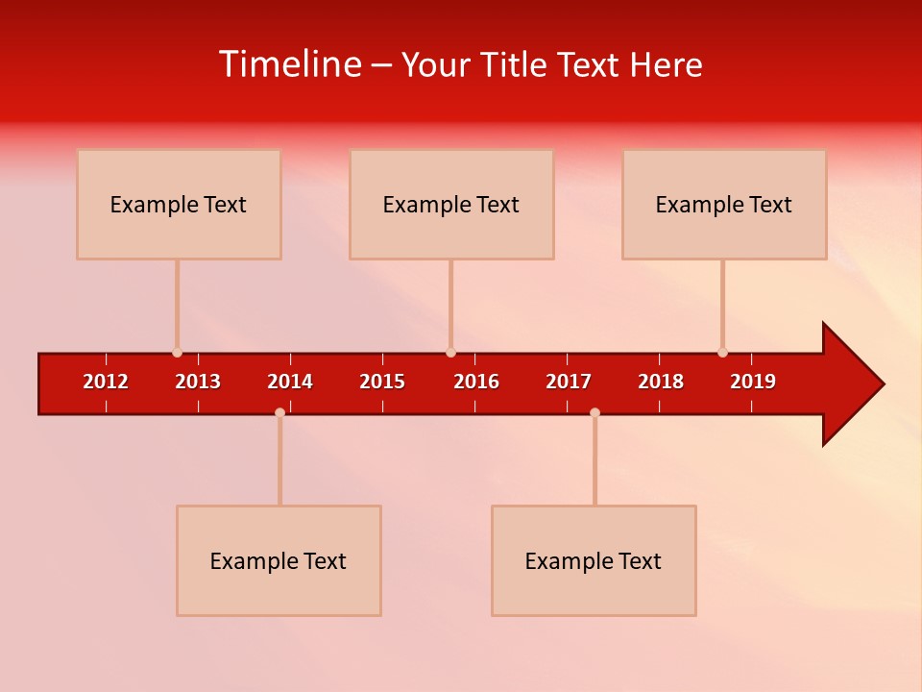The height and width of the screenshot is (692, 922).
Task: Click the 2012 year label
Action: [106, 382]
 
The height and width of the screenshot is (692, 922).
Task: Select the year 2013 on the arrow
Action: [198, 382]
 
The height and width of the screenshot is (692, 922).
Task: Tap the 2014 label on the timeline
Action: [290, 382]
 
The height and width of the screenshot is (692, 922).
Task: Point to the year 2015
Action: [382, 382]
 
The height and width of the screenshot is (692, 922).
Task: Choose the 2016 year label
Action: [476, 382]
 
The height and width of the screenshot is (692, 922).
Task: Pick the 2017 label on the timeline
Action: [569, 382]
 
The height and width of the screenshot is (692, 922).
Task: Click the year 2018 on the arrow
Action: [661, 382]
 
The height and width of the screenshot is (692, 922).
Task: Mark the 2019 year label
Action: [753, 382]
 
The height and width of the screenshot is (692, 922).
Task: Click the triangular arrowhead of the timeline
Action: [850, 384]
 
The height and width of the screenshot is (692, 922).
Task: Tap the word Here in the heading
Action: [666, 64]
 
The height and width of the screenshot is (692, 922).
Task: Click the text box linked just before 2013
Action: [179, 204]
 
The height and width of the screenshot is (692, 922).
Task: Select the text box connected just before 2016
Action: [451, 204]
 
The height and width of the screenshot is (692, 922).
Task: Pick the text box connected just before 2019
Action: [724, 204]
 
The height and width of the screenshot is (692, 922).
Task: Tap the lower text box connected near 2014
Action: [279, 560]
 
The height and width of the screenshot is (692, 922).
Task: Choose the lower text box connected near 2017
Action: [594, 560]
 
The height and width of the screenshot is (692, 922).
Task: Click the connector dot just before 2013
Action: [177, 353]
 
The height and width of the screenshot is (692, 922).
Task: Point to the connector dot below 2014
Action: [279, 412]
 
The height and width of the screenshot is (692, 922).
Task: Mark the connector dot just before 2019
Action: [722, 353]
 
